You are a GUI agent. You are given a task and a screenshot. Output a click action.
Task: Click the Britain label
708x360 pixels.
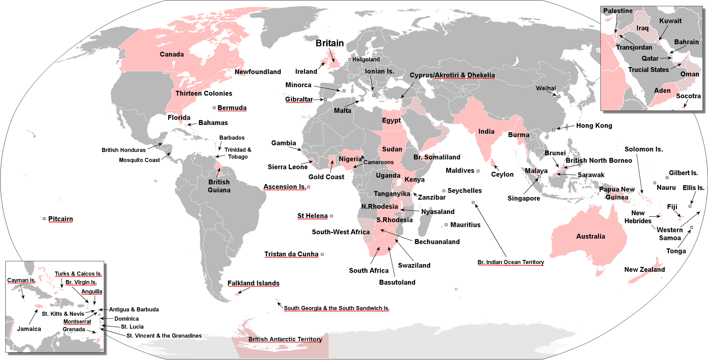(x=329, y=43)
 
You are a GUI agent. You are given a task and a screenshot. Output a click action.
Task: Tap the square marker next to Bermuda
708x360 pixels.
(x=214, y=108)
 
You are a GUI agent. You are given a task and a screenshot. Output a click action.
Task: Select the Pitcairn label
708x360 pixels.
(x=60, y=219)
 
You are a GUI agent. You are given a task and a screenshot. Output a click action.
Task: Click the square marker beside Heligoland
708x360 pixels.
(x=350, y=59)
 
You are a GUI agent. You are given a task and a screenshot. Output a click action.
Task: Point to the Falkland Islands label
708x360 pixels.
(x=253, y=283)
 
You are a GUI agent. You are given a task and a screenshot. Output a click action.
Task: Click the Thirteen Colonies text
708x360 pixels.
(x=204, y=93)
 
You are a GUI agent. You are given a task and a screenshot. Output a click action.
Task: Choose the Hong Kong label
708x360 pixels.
(x=594, y=125)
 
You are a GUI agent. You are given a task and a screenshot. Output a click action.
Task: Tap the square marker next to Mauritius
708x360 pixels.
(x=446, y=225)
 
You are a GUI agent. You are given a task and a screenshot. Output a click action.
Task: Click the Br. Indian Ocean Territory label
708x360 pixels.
(x=510, y=262)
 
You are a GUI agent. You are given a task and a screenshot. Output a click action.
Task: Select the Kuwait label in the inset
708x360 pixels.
(x=670, y=21)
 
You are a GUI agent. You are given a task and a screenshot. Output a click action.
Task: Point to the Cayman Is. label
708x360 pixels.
(x=21, y=280)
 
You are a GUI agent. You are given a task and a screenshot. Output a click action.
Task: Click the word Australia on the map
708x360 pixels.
(x=590, y=236)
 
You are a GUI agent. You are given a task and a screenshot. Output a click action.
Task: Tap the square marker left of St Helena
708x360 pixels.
(x=332, y=216)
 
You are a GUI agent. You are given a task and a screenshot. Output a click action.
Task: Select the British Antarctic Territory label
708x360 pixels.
(x=285, y=339)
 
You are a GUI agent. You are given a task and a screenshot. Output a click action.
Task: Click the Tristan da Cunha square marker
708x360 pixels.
(x=322, y=254)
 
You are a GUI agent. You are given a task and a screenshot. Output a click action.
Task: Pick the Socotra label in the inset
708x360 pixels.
(x=688, y=96)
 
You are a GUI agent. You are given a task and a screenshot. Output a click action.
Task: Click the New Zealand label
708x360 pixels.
(x=644, y=269)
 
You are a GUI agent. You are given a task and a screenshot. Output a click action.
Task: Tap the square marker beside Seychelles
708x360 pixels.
(x=444, y=191)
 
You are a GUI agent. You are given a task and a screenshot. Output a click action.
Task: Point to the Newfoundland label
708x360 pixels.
(x=258, y=72)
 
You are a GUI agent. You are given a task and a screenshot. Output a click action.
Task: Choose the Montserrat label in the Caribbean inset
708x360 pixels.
(x=77, y=321)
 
